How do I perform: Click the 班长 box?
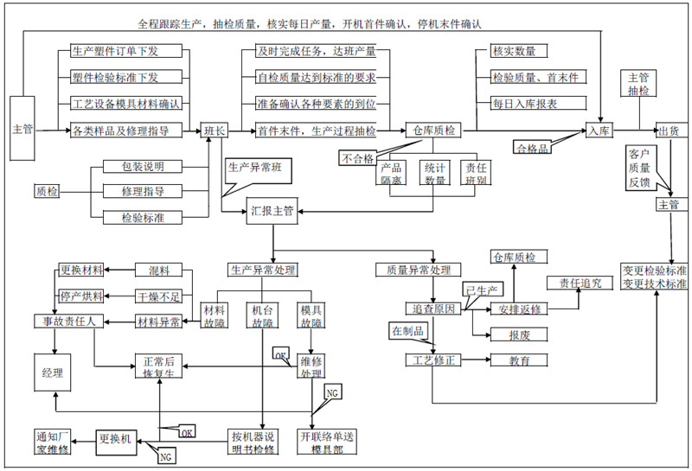click(215, 130)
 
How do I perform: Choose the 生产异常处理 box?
click(264, 270)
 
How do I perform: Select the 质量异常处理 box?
click(413, 270)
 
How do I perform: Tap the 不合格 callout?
click(357, 158)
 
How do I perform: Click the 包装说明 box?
click(143, 166)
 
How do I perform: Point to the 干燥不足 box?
click(159, 296)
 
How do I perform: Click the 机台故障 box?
click(262, 316)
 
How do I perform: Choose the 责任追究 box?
click(579, 283)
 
